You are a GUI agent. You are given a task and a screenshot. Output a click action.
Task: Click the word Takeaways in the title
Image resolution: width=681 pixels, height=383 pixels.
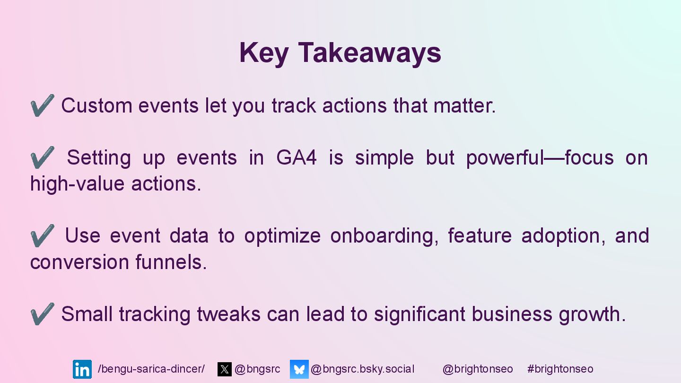(x=369, y=53)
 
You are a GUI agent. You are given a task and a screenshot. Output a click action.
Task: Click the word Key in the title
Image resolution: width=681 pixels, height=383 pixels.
(x=263, y=53)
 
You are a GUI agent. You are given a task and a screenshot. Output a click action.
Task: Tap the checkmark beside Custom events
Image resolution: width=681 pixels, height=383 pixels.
(x=42, y=105)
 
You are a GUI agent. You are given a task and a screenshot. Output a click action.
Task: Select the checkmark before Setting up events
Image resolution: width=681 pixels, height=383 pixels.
(x=42, y=157)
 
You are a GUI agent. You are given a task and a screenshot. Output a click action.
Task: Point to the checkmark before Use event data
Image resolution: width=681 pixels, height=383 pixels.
(x=42, y=235)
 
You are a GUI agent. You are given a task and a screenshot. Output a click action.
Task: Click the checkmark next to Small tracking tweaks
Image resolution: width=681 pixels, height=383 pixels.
(x=42, y=313)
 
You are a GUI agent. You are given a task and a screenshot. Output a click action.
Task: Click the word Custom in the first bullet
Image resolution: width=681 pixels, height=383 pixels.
(x=96, y=105)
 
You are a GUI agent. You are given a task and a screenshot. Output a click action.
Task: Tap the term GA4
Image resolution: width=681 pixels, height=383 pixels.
(x=297, y=157)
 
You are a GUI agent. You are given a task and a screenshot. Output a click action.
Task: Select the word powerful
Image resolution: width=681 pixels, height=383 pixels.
(x=505, y=158)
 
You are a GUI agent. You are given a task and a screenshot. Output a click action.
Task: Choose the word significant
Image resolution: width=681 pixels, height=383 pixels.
(x=419, y=314)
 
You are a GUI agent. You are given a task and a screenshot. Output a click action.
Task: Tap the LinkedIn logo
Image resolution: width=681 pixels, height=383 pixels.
(x=82, y=369)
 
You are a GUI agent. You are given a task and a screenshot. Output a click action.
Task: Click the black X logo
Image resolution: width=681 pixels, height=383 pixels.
(x=224, y=369)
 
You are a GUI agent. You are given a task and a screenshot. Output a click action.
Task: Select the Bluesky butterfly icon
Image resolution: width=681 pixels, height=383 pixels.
(x=299, y=369)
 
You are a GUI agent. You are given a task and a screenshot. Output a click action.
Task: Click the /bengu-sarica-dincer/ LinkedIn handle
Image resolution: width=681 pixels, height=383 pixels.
(x=151, y=369)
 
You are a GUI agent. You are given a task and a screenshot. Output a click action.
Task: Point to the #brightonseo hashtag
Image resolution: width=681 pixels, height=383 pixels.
(x=560, y=369)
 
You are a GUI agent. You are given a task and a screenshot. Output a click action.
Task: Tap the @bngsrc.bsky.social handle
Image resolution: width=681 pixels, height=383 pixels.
(x=362, y=369)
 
